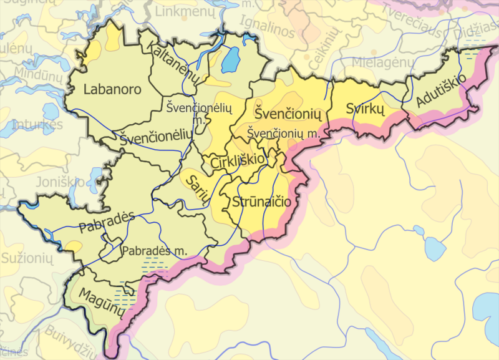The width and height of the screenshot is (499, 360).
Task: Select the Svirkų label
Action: tap(363, 109)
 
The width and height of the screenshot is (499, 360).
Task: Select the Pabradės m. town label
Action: tap(155, 251)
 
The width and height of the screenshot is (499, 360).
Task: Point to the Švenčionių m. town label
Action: tap(284, 133)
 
